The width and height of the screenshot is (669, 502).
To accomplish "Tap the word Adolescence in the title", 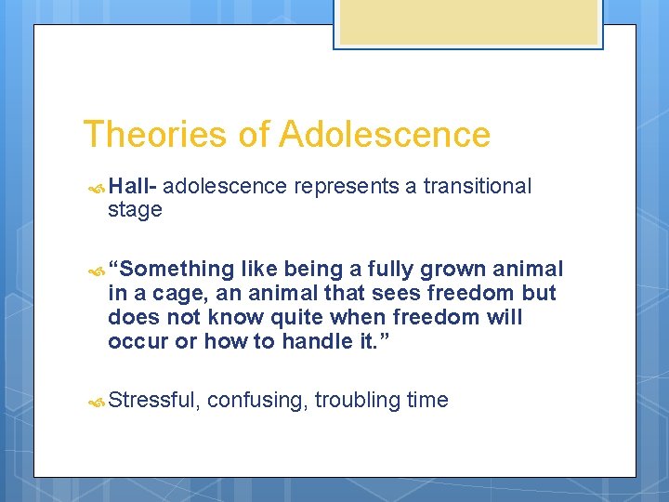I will pyautogui.click(x=385, y=135).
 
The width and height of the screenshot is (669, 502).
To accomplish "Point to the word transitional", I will pyautogui.click(x=477, y=186).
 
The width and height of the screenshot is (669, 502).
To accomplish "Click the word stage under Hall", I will pyautogui.click(x=135, y=210).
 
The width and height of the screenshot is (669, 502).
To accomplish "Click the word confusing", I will pyautogui.click(x=257, y=401).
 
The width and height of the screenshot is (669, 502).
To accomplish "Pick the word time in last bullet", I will pyautogui.click(x=427, y=401).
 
